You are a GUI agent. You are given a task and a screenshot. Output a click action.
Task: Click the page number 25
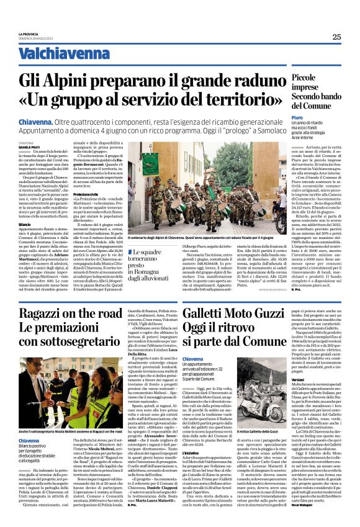point(336,37)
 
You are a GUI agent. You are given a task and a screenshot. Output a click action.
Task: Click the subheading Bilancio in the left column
point(25,224)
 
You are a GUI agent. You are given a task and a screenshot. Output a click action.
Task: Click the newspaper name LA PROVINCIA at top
point(31,34)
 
